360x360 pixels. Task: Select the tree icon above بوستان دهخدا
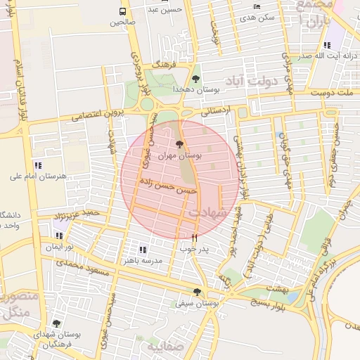pyautogui.click(x=195, y=79)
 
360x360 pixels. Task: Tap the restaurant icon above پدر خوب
pyautogui.click(x=195, y=238)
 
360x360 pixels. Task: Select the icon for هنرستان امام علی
pyautogui.click(x=37, y=165)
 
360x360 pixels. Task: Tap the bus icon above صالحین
pyautogui.click(x=123, y=12)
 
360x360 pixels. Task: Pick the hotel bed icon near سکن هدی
pyautogui.click(x=256, y=6)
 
